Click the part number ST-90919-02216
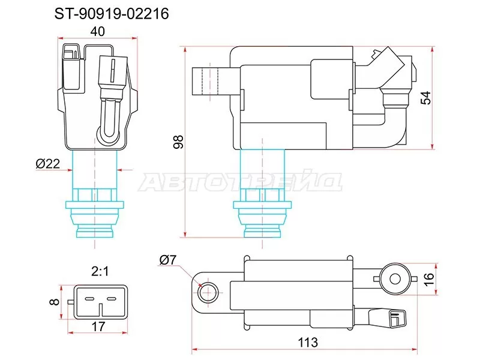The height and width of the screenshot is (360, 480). pos(112,13)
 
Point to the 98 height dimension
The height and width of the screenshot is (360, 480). pos(176,141)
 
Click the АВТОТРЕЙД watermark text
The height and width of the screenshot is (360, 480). pos(240,182)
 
